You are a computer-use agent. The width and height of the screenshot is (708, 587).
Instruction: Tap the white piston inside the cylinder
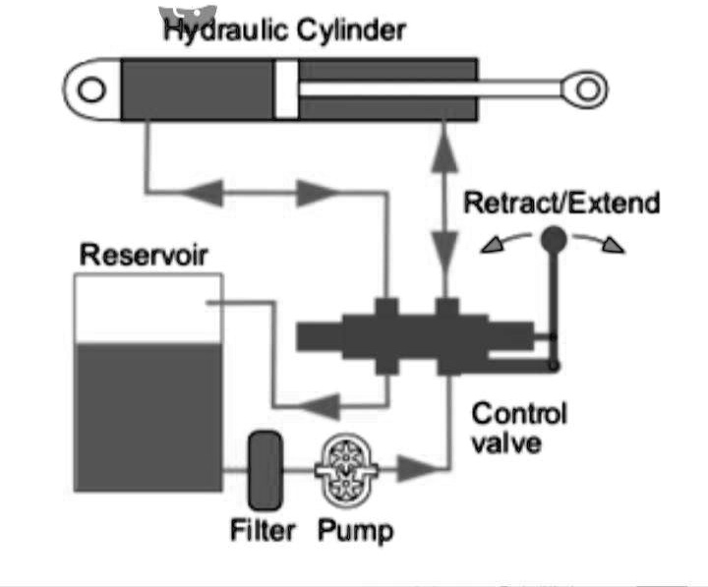286,90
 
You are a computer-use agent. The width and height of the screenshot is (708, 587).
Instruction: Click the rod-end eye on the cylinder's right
588,90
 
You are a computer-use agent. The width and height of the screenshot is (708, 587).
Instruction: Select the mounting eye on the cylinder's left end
92,90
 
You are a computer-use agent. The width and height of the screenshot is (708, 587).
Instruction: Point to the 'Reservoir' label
144,256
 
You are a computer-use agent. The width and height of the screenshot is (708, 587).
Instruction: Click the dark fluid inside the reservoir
147,413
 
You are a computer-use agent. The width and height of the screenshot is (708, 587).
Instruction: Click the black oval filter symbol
264,468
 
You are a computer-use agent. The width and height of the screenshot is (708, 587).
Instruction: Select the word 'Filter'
263,531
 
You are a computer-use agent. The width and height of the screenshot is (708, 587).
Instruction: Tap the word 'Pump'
355,531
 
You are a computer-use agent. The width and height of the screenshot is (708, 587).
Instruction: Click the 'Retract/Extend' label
560,205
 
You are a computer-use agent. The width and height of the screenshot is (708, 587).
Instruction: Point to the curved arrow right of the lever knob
603,242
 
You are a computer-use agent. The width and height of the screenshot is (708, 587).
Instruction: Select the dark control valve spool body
413,336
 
